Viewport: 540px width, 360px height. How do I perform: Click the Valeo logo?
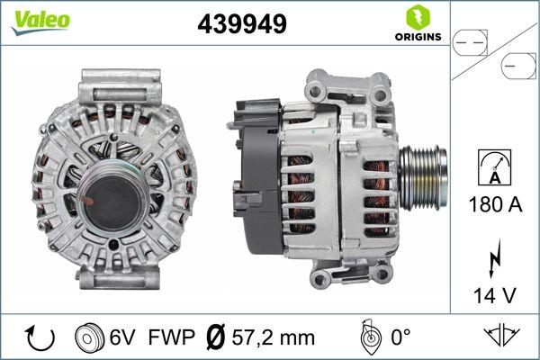(40, 21)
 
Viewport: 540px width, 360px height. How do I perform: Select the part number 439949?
(241, 25)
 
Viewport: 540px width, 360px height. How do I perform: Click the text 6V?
(123, 337)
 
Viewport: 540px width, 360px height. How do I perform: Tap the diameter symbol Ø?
(216, 337)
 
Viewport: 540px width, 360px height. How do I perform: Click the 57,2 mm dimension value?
(274, 337)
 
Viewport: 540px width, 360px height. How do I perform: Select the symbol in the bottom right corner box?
(501, 337)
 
